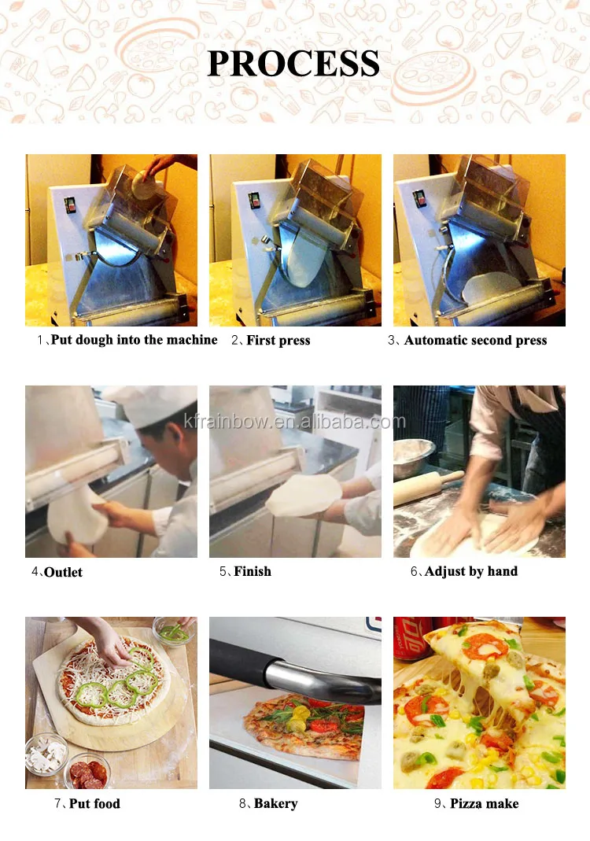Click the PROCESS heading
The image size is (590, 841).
pos(293,63)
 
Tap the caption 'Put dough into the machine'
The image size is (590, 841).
pos(134,340)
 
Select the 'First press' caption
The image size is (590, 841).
pos(278,340)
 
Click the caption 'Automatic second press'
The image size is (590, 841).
pos(476,340)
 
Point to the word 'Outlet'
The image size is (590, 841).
pos(63,572)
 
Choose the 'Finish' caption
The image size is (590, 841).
pos(253,572)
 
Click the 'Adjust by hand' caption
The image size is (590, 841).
pos(471,572)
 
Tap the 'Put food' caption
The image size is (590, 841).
pos(94,803)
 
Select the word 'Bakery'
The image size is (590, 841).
pos(275,803)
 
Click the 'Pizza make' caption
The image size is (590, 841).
pos(485,803)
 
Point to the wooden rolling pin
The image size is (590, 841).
pos(427,487)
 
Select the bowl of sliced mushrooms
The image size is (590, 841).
pos(46,753)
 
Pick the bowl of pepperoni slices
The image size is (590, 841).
pos(88,771)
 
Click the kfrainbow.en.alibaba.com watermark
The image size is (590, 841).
pos(294,422)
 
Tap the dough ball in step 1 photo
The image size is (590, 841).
pos(145,185)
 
